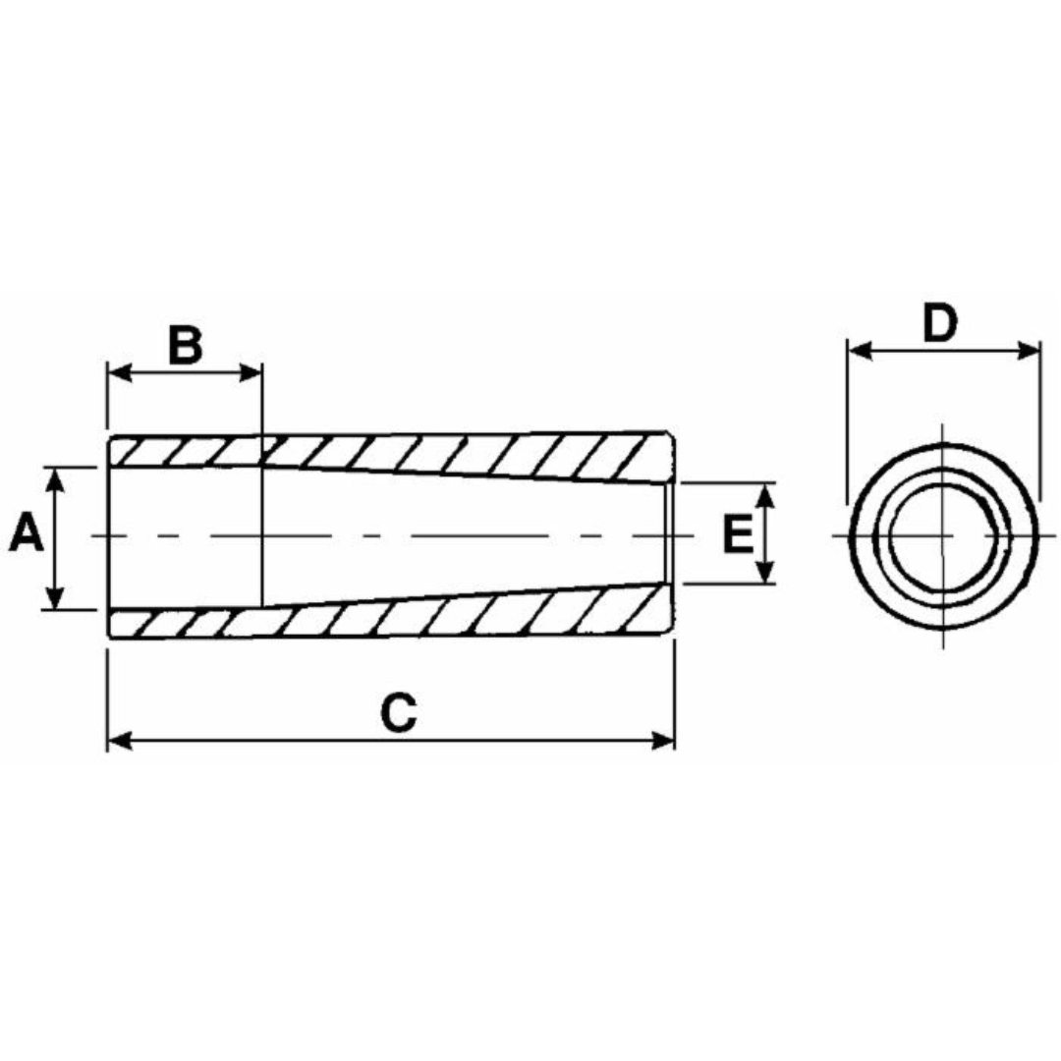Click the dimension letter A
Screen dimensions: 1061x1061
27,533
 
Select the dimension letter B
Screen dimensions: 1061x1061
185,345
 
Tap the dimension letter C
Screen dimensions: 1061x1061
399,712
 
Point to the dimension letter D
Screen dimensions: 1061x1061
940,323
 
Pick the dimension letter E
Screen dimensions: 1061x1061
738,533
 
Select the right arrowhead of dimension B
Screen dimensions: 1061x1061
250,372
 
